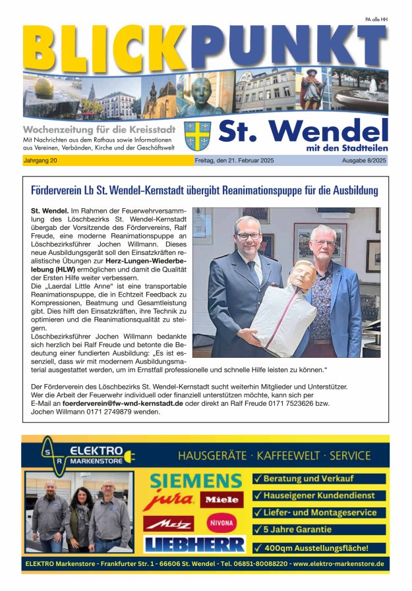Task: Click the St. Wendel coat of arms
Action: (x=197, y=136)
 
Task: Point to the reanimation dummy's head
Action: (x=302, y=275)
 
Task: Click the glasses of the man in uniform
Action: (x=249, y=235)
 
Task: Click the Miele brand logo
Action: (x=221, y=500)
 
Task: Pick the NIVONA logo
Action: (x=221, y=523)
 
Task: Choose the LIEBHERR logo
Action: (x=194, y=544)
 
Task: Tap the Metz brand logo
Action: (x=168, y=523)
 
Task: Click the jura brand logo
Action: (x=169, y=501)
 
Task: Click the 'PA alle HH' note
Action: (x=376, y=20)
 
